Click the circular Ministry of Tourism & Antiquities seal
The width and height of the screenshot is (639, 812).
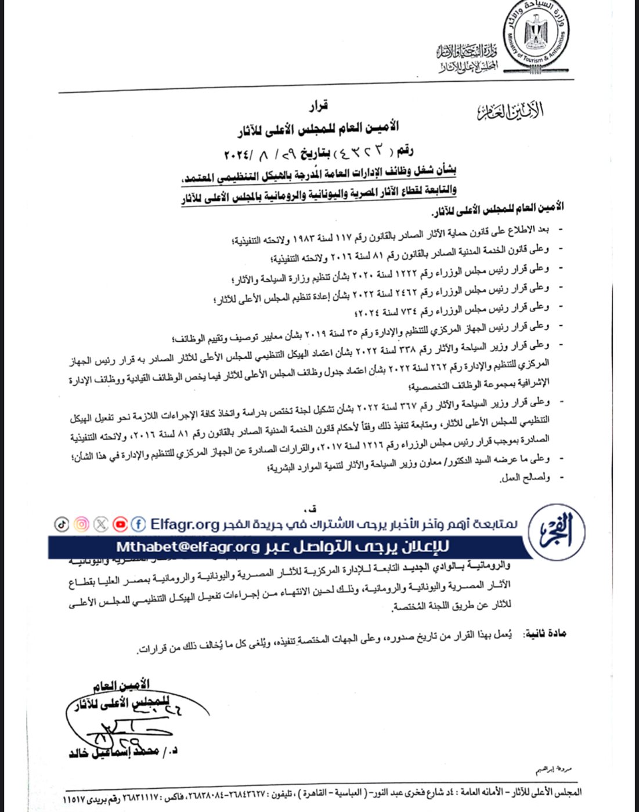coord(536,36)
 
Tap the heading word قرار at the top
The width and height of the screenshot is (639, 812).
coord(318,106)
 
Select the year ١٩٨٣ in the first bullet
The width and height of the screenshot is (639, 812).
coord(302,236)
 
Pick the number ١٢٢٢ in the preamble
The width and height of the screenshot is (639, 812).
coord(407,273)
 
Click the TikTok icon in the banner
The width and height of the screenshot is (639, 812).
coord(62,524)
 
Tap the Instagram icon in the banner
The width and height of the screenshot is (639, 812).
coord(81,524)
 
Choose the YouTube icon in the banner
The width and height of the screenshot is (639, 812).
coord(120,524)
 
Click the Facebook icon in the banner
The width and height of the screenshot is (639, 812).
coord(138,524)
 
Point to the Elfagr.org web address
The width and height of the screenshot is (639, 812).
coord(185,524)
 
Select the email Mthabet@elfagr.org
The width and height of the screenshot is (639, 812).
coord(188,547)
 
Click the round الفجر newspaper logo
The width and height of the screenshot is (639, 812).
coord(557,532)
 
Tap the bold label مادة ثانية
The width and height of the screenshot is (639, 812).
coord(544,633)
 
